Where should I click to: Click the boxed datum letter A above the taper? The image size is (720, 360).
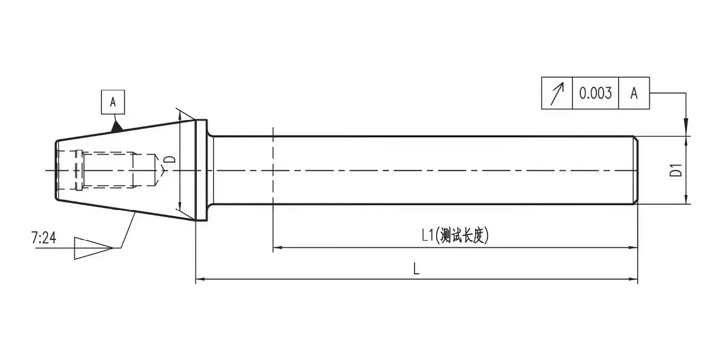pyautogui.click(x=113, y=102)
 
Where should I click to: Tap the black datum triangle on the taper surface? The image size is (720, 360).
pyautogui.click(x=116, y=127)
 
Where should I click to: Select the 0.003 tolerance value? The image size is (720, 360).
pyautogui.click(x=595, y=93)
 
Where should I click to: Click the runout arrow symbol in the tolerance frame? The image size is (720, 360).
pyautogui.click(x=557, y=94)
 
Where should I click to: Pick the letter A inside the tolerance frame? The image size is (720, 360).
pyautogui.click(x=634, y=93)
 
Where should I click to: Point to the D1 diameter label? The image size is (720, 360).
pyautogui.click(x=676, y=170)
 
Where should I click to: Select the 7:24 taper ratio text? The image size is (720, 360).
pyautogui.click(x=44, y=238)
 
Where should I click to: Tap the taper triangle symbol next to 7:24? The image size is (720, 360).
pyautogui.click(x=94, y=248)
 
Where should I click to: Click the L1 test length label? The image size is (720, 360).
pyautogui.click(x=455, y=235)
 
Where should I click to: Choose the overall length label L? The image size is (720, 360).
pyautogui.click(x=416, y=268)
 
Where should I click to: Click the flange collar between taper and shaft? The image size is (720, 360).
pyautogui.click(x=202, y=170)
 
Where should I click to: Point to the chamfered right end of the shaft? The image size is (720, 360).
pyautogui.click(x=636, y=170)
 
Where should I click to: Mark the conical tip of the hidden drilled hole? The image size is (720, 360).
pyautogui.click(x=161, y=170)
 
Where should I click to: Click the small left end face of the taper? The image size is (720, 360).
pyautogui.click(x=56, y=170)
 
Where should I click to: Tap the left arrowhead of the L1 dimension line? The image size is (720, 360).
pyautogui.click(x=277, y=247)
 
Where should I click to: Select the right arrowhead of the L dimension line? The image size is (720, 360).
pyautogui.click(x=633, y=279)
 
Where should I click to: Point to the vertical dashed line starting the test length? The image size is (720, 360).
pyautogui.click(x=273, y=190)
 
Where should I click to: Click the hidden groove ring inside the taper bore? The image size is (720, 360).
pyautogui.click(x=79, y=170)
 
